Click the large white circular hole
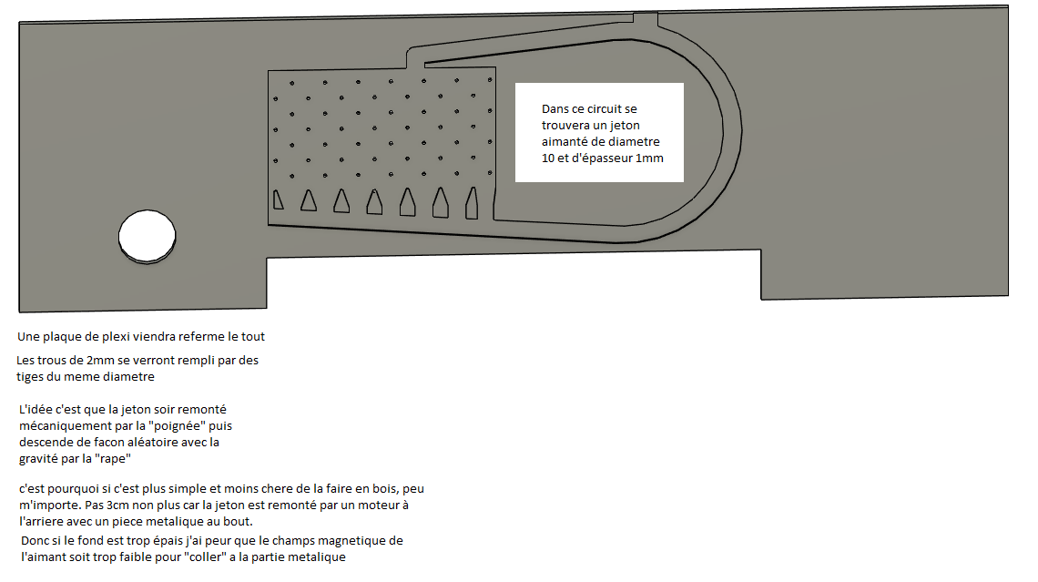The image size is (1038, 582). point(147,237)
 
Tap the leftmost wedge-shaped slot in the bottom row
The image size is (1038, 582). point(278,200)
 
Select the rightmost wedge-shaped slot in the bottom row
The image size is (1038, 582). point(472,202)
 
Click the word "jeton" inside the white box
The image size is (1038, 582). point(625,125)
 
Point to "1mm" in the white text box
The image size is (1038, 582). point(649,158)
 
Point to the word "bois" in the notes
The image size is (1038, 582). point(387,488)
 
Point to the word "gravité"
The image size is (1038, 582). point(38,459)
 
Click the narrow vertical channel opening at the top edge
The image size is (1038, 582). point(646,19)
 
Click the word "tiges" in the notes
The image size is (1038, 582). point(29,377)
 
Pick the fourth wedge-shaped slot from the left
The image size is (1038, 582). point(374,202)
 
